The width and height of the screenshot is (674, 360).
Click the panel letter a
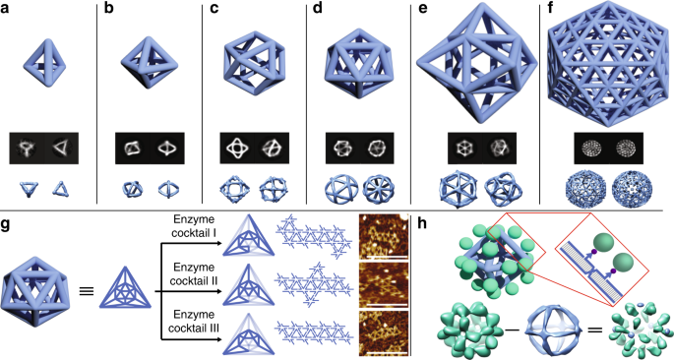point(7,9)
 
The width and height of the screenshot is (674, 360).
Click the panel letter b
point(109,9)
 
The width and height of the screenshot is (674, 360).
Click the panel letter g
point(7,221)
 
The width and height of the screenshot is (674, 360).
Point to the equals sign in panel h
point(591,325)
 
